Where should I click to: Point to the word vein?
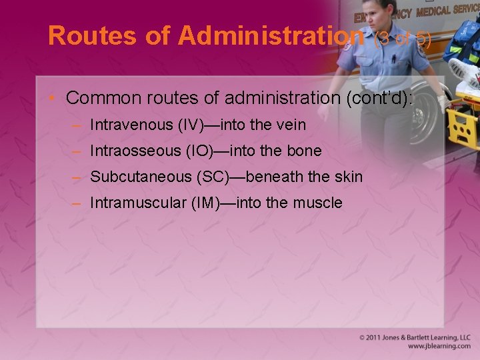291,125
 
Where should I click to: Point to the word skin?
347,177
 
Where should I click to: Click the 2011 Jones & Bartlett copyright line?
415,338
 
